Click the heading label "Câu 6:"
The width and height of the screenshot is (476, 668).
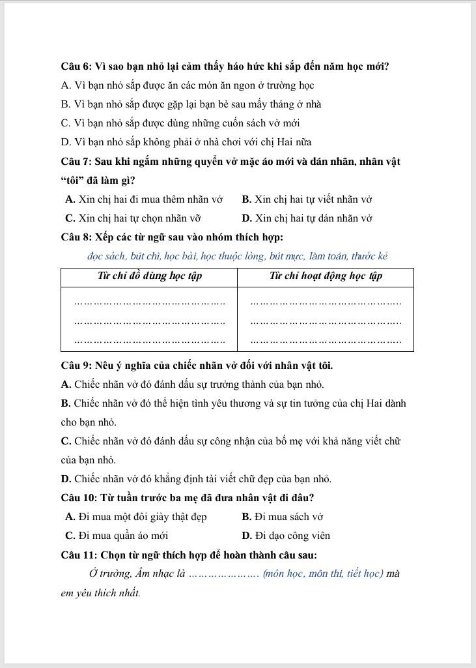(76, 66)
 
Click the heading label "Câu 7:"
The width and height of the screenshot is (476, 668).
(76, 162)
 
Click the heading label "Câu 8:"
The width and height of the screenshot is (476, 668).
(76, 237)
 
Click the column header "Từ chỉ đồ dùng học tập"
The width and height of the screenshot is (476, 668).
(149, 276)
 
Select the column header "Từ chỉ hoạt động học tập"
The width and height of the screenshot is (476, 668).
(326, 276)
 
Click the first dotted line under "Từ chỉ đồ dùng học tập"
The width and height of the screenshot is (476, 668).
(150, 302)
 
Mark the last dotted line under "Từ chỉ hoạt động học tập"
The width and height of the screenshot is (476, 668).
(326, 341)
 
